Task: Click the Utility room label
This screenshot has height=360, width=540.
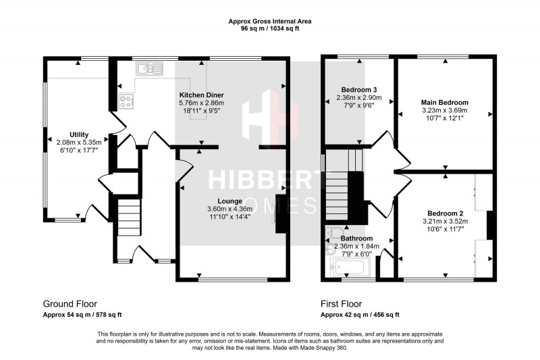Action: coord(78,134)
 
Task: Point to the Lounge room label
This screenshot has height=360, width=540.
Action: coord(230,201)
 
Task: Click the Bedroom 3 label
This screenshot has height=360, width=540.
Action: coord(358,90)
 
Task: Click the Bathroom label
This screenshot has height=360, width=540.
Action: coord(356,238)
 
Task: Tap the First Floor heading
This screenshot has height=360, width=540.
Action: coord(343,303)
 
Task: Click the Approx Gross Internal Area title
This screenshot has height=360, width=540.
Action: coord(270,22)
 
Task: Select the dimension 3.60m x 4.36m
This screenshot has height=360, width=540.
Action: coord(230,209)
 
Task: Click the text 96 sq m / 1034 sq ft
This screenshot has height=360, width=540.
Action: coord(270,29)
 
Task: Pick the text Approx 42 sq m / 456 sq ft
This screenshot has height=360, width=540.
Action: coord(359,315)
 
